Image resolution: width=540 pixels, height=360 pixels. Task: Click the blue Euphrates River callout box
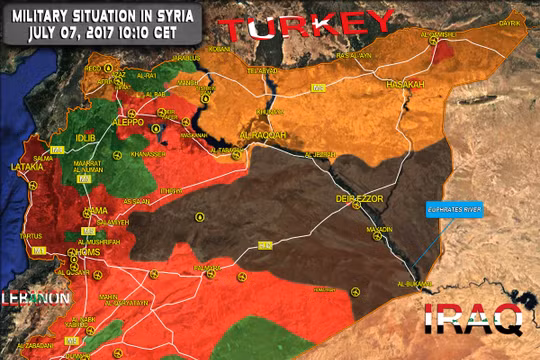[448, 211]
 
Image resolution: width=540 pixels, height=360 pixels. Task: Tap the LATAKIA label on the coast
[27, 168]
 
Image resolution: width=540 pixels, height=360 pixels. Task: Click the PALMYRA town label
[207, 268]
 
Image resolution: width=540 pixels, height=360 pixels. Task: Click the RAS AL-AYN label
[355, 57]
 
